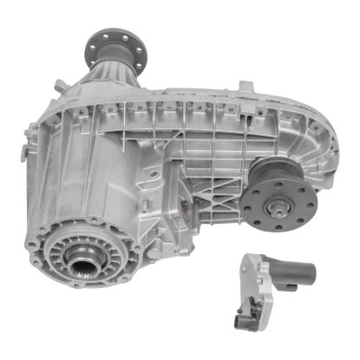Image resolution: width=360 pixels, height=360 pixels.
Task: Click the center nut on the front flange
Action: click(280, 207)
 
